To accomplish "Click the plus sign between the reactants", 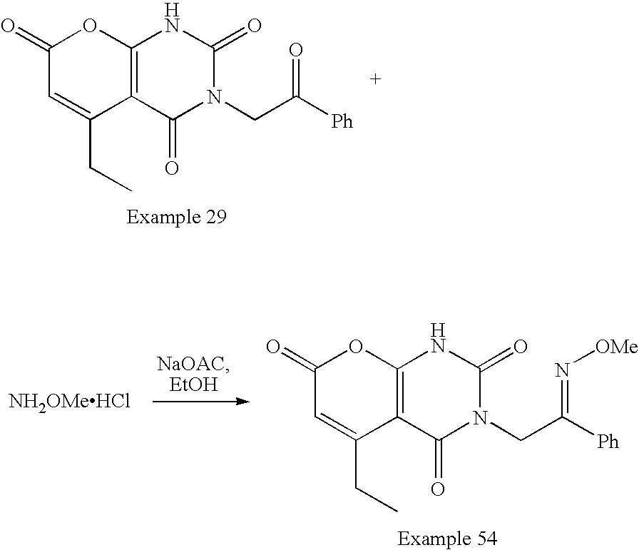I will pyautogui.click(x=376, y=80).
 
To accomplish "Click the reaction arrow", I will pyautogui.click(x=201, y=402).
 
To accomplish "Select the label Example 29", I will pyautogui.click(x=176, y=217).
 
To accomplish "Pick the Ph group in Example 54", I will pyautogui.click(x=608, y=442).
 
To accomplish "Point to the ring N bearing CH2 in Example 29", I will pyautogui.click(x=210, y=97).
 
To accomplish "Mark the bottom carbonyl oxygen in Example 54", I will pyautogui.click(x=438, y=489).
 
